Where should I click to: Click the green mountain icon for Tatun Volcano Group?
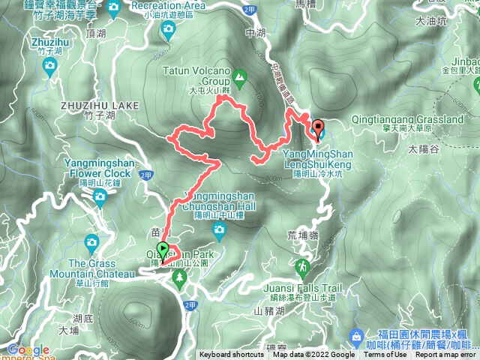239,76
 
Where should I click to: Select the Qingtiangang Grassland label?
408,119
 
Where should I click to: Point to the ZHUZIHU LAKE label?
100,106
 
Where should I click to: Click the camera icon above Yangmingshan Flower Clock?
100,197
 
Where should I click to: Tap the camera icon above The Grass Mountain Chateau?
91,242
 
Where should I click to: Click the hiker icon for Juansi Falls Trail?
301,267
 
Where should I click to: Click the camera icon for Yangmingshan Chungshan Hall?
219,233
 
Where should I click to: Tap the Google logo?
28,349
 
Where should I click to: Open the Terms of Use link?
385,355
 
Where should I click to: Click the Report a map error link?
447,355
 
